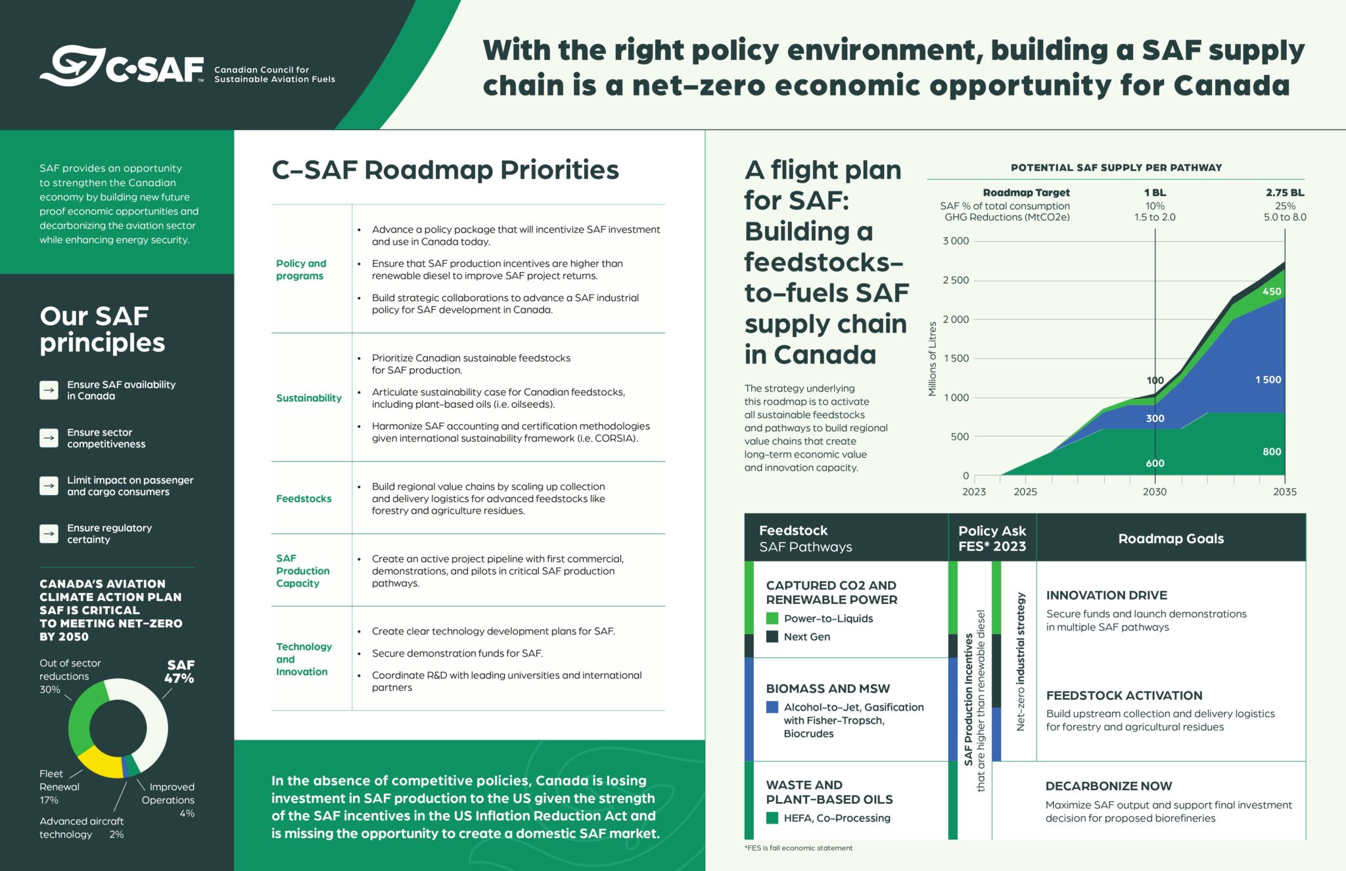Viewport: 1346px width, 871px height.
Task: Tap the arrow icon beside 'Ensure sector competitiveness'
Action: (49, 438)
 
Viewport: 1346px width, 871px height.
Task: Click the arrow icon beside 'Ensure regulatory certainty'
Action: (49, 533)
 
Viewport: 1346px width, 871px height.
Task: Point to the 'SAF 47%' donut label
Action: (179, 672)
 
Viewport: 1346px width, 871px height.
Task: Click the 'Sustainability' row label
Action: (309, 398)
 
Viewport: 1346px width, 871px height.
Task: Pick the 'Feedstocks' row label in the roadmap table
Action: (304, 498)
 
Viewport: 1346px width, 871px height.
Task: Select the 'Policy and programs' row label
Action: (301, 270)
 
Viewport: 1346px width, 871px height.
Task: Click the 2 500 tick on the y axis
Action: (956, 280)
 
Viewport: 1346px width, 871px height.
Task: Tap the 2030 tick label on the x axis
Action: (1155, 492)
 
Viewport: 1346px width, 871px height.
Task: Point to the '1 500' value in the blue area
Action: (1268, 380)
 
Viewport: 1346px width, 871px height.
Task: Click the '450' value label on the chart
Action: (1271, 291)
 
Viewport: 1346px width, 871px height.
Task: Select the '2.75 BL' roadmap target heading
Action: (1284, 193)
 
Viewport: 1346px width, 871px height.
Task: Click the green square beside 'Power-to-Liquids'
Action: (772, 619)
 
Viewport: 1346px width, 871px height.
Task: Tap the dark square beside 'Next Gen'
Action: (772, 636)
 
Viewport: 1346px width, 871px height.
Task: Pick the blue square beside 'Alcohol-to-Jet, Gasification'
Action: (772, 707)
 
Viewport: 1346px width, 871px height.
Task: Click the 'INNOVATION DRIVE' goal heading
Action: (1107, 595)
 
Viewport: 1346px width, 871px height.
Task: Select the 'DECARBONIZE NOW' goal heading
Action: (1109, 786)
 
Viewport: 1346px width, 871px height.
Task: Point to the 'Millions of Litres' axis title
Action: (932, 359)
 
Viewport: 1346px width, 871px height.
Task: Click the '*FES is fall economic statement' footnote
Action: (799, 848)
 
